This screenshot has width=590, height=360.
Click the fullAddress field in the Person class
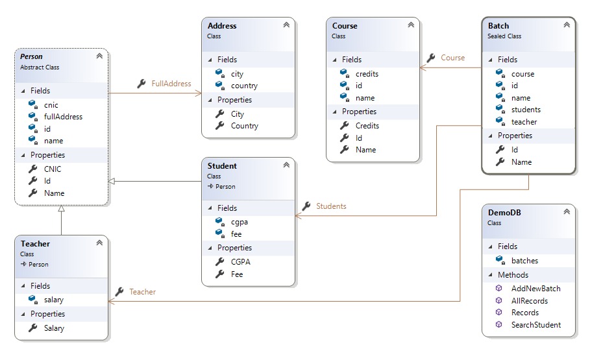63,117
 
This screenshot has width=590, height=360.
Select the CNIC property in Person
53,169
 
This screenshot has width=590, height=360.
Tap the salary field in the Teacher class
53,300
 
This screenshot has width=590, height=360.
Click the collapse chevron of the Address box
286,25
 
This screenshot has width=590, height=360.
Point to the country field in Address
244,86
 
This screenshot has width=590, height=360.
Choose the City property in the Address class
238,114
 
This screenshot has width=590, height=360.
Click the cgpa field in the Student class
240,222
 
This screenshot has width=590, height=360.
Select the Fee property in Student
237,274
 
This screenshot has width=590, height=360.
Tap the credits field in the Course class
367,74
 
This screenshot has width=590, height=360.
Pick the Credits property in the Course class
367,126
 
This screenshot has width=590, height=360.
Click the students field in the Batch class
526,110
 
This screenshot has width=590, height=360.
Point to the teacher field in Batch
524,122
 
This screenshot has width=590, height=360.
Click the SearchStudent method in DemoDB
536,324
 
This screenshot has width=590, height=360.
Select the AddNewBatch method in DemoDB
536,289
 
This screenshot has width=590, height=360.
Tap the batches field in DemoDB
524,261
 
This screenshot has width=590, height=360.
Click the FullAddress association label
171,84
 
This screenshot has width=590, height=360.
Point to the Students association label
331,206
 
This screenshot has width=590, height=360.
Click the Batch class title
498,25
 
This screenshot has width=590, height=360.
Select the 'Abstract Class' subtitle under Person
40,67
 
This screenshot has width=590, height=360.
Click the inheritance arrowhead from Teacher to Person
61,208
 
